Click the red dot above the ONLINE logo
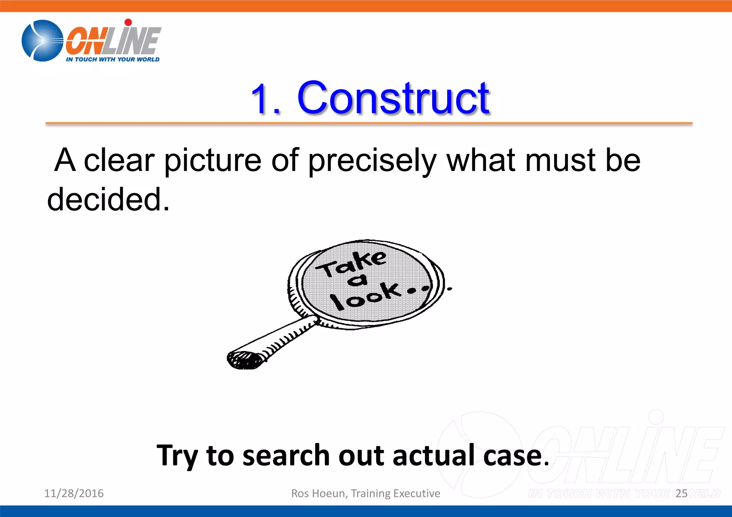pyautogui.click(x=128, y=22)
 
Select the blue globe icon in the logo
pyautogui.click(x=42, y=40)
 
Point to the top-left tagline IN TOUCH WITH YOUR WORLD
pyautogui.click(x=113, y=59)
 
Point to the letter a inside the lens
pyautogui.click(x=357, y=281)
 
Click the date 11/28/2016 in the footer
pyautogui.click(x=74, y=493)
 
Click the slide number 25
pyautogui.click(x=682, y=493)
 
